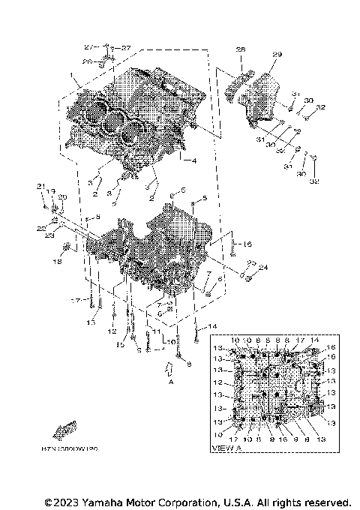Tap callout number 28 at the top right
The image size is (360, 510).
click(x=241, y=50)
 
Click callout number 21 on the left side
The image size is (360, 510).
click(x=41, y=186)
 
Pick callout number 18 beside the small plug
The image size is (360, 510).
click(x=56, y=262)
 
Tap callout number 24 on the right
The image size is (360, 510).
click(x=262, y=267)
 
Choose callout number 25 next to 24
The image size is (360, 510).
click(x=252, y=262)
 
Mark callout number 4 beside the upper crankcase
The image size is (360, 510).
click(x=193, y=161)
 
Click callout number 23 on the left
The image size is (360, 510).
click(x=49, y=235)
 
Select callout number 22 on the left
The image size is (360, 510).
click(x=41, y=227)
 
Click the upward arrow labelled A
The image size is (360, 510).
click(x=169, y=367)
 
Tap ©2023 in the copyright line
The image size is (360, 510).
click(x=61, y=501)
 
